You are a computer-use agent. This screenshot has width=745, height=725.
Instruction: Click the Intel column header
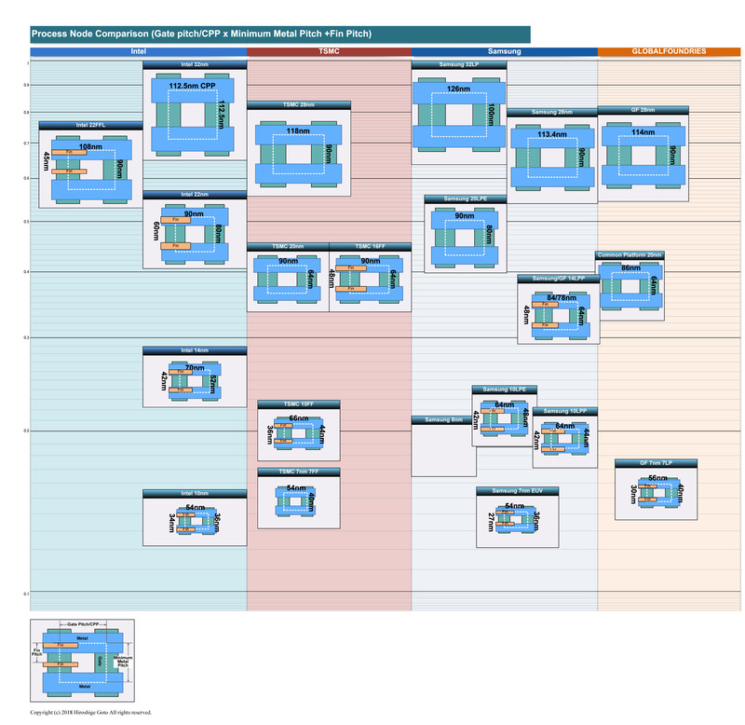click(x=138, y=51)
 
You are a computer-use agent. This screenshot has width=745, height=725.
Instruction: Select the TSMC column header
click(x=329, y=51)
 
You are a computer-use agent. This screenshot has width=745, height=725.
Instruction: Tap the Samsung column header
click(x=504, y=51)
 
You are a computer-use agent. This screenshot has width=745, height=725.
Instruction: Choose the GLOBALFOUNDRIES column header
click(x=670, y=51)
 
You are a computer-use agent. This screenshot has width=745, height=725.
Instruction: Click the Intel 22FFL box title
click(x=90, y=125)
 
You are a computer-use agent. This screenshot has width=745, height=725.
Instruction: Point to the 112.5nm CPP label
click(x=191, y=85)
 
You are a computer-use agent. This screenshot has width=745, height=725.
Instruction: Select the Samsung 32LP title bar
click(x=458, y=64)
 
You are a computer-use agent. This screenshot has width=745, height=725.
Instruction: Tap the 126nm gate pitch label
click(x=458, y=89)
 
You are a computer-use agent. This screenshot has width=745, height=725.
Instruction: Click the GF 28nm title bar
click(x=643, y=110)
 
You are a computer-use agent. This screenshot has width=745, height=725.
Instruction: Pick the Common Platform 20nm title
click(x=630, y=254)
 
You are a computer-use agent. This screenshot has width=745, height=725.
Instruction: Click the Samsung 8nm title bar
click(x=443, y=420)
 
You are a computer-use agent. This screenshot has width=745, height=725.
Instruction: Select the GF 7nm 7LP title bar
click(x=656, y=463)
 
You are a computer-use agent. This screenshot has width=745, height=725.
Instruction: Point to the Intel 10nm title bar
click(x=195, y=493)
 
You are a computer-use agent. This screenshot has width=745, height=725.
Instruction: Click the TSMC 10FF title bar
click(x=299, y=404)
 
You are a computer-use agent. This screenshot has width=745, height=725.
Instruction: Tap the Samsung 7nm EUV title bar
click(x=517, y=491)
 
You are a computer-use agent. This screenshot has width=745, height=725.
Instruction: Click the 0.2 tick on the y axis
click(x=26, y=431)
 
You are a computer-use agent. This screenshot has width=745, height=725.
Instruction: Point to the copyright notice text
click(x=90, y=713)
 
